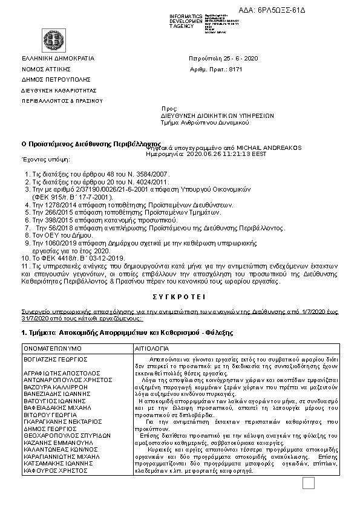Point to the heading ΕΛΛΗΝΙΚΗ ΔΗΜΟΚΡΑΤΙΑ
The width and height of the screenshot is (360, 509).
(x=58, y=58)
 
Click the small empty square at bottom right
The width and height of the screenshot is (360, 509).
(x=308, y=483)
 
